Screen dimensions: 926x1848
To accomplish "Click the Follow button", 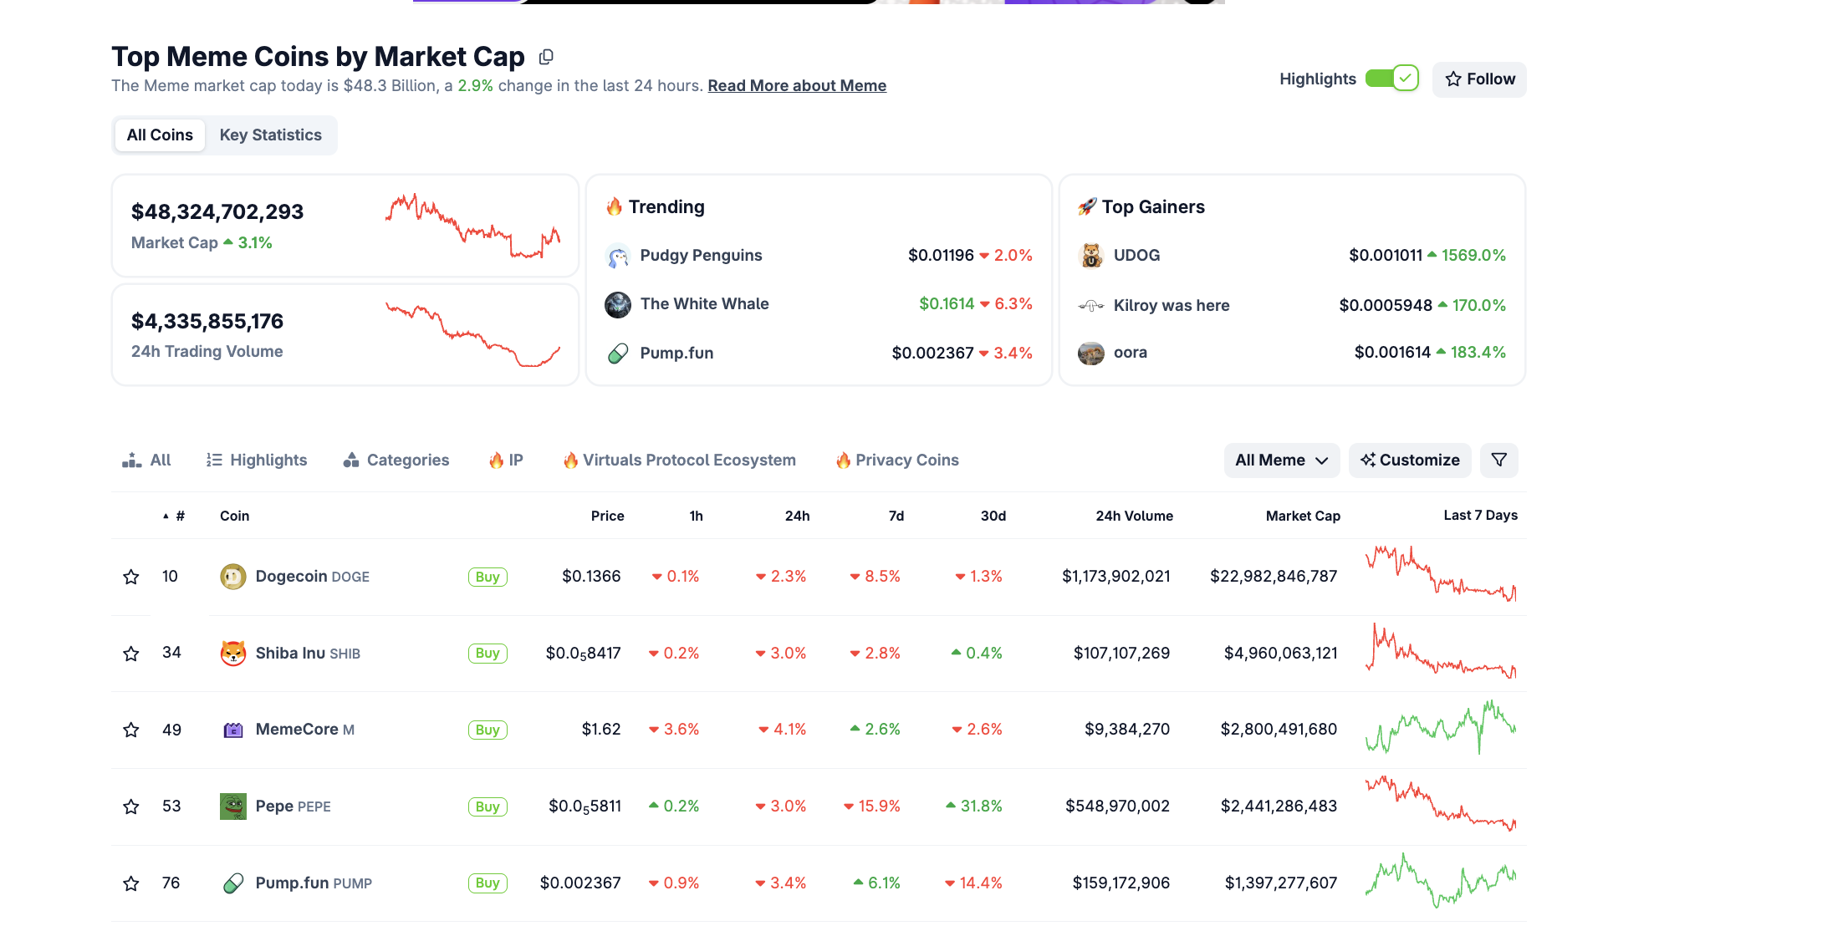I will [1479, 79].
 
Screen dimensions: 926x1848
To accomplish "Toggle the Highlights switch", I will [1392, 79].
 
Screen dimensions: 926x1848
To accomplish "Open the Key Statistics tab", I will [270, 135].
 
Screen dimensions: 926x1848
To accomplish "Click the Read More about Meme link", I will [797, 86].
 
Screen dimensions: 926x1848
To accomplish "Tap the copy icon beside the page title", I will [546, 57].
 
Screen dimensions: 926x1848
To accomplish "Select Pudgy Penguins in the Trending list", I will [701, 256].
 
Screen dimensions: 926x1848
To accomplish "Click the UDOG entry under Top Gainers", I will [1136, 256].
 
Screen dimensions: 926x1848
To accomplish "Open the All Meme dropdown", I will [1281, 460].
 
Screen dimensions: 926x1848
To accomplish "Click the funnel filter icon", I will [1498, 460].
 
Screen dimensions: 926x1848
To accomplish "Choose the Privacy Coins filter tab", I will [897, 460].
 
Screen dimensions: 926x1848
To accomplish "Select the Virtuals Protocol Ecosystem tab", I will [679, 460].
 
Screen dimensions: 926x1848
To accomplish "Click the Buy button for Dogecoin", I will [488, 577].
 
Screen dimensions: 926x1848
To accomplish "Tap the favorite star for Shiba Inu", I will [131, 654].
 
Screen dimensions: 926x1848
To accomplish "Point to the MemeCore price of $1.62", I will [601, 730].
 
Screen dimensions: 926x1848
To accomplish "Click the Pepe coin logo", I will [233, 806].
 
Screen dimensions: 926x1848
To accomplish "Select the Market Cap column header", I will [1303, 516].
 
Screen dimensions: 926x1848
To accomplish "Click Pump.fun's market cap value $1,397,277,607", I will [1280, 883].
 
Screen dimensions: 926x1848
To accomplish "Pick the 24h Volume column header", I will [1134, 516].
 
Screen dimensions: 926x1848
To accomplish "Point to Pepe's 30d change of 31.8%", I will [981, 806].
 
